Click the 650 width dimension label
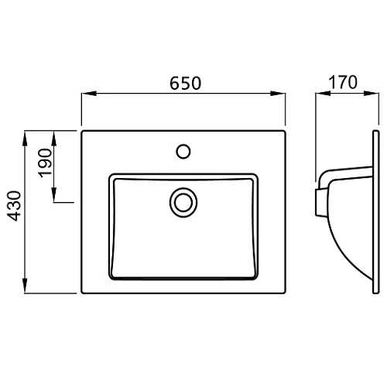pyautogui.click(x=185, y=83)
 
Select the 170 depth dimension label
pyautogui.click(x=343, y=82)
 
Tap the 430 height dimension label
pyautogui.click(x=14, y=206)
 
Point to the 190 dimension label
pyautogui.click(x=45, y=163)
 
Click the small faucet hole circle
pyautogui.click(x=183, y=152)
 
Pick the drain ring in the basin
pyautogui.click(x=183, y=202)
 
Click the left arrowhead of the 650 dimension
pyautogui.click(x=89, y=94)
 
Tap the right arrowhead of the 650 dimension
pyautogui.click(x=278, y=94)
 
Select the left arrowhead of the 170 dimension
pyautogui.click(x=323, y=94)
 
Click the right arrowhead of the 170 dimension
pyautogui.click(x=372, y=94)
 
